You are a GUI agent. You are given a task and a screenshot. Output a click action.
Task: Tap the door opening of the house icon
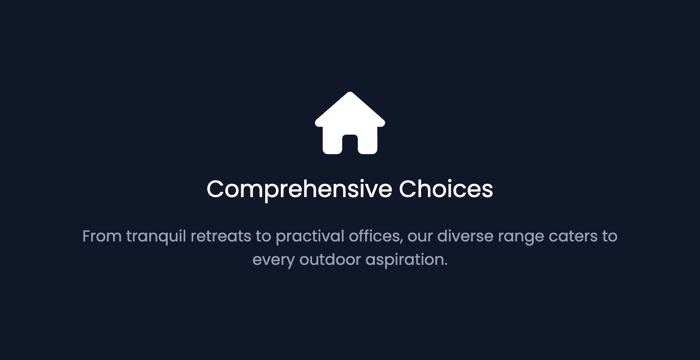coord(350,144)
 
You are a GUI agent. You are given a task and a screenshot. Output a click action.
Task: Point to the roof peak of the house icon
coord(350,94)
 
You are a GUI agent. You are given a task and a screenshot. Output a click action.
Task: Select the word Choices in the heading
coord(446,189)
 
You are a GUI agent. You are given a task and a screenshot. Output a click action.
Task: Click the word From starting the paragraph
coord(102,236)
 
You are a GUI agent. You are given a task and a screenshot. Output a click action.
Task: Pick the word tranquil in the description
coord(156,237)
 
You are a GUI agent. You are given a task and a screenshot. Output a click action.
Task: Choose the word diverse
coord(465,236)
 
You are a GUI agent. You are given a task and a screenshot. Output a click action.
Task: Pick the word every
coord(273,260)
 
